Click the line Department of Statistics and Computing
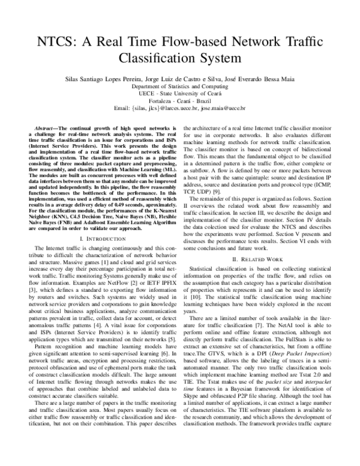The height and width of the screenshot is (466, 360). coord(180,86)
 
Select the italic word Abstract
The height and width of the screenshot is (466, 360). coord(43,129)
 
